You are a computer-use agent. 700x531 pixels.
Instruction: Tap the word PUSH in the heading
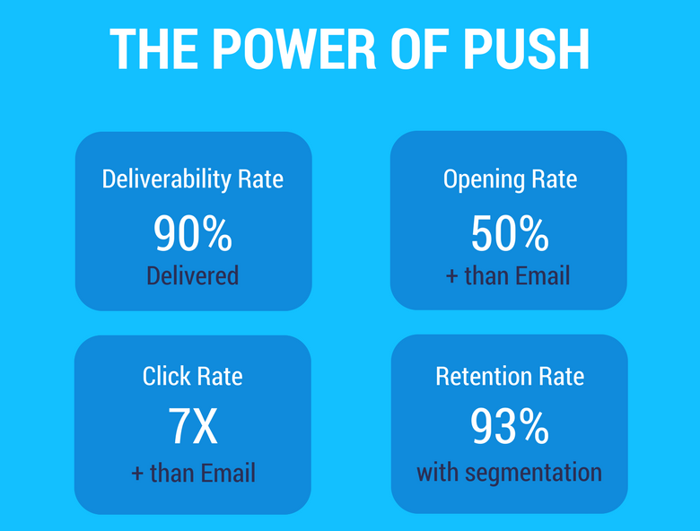526,48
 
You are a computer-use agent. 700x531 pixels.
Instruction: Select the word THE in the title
153,48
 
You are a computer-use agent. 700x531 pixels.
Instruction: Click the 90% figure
193,234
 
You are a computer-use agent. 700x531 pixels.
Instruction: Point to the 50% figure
510,233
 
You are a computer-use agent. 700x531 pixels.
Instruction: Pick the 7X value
193,426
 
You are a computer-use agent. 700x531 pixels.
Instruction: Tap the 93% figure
510,426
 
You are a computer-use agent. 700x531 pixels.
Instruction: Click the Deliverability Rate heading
193,179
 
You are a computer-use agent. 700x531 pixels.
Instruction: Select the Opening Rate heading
511,179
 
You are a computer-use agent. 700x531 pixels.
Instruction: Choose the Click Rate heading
193,376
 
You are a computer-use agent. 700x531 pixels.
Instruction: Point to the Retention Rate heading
510,376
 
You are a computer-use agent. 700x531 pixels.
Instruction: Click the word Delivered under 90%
193,275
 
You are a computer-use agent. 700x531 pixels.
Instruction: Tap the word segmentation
533,474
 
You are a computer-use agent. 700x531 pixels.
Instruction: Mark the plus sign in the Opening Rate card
451,276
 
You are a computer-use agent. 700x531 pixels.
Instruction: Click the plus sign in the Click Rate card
137,474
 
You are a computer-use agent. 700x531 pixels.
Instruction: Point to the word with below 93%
438,473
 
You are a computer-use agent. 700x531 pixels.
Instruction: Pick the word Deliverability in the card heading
167,179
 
